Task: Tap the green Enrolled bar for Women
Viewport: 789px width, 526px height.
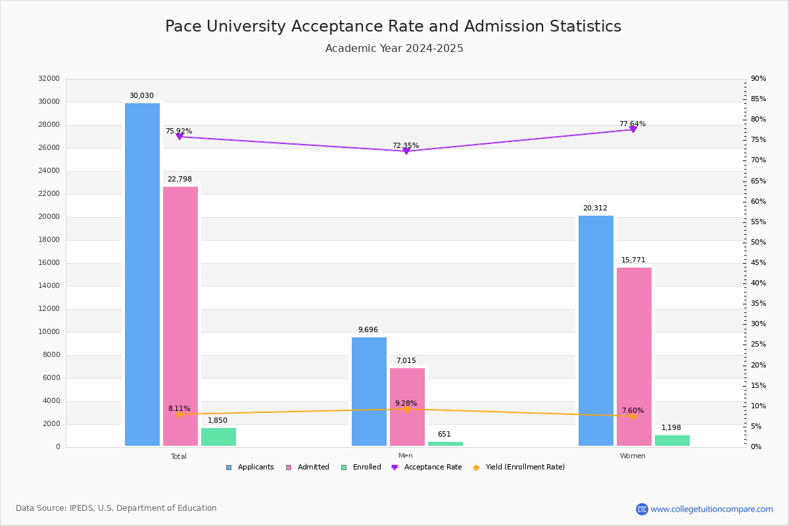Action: (x=672, y=441)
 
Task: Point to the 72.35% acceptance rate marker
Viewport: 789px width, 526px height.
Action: (x=406, y=151)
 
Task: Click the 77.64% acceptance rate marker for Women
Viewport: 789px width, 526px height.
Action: (x=633, y=130)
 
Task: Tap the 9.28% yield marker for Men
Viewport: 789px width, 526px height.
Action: (x=406, y=409)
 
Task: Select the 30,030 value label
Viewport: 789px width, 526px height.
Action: (x=141, y=96)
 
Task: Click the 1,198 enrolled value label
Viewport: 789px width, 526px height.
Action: (x=671, y=428)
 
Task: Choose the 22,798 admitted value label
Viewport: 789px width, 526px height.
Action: (x=179, y=179)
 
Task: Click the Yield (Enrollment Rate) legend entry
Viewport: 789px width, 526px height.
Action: (x=525, y=467)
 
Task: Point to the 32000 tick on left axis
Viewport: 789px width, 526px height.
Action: (x=49, y=79)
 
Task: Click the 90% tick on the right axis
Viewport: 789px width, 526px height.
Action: (x=758, y=79)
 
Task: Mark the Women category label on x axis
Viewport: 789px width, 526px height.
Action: (x=633, y=456)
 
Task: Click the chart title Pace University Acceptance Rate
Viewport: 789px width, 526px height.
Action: (x=393, y=27)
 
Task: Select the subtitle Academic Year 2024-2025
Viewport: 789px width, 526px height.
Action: (x=394, y=49)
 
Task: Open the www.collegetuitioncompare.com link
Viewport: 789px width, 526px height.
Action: (x=711, y=509)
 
